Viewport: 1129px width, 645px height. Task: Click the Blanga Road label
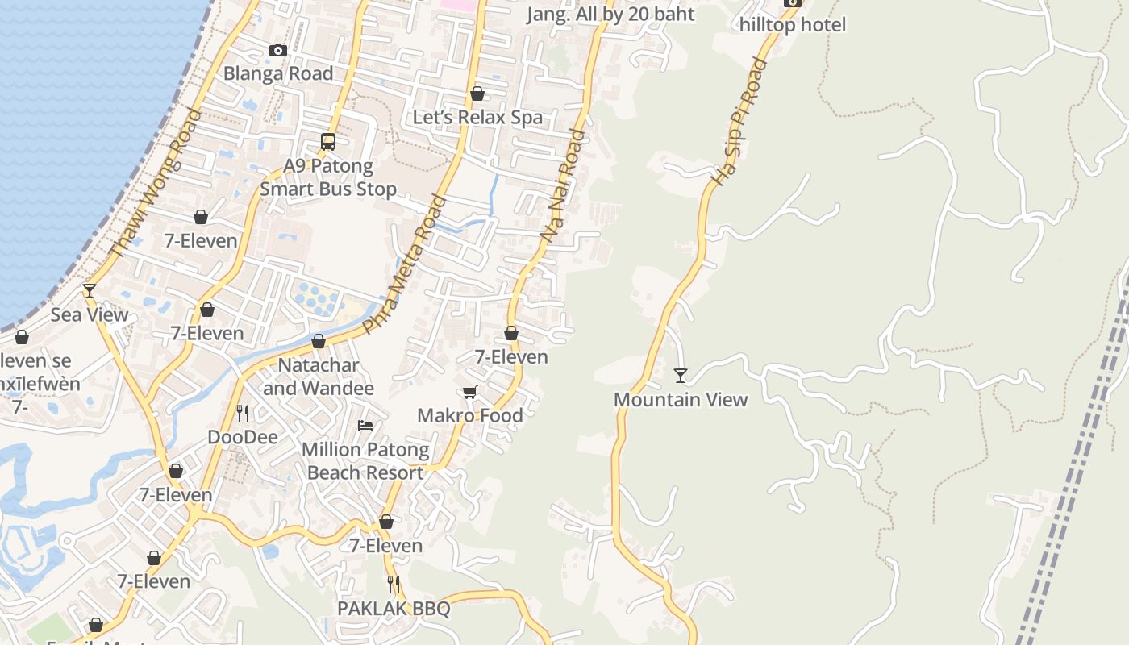[x=278, y=73]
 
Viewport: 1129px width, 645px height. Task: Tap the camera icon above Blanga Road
[x=278, y=51]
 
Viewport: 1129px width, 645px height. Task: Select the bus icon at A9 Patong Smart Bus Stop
[x=328, y=142]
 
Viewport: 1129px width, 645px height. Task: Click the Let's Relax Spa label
[x=477, y=117]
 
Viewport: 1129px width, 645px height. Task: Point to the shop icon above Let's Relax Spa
[x=477, y=94]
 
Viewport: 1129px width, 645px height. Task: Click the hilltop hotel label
[x=793, y=25]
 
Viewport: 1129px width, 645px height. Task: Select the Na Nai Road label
[x=561, y=186]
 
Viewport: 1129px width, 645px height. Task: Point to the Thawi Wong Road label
[x=155, y=184]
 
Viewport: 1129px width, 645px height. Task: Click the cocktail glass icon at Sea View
[x=90, y=291]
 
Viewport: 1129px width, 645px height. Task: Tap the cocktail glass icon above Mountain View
[x=681, y=376]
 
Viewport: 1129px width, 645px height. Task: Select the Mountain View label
[x=681, y=399]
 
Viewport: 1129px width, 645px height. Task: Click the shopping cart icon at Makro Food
[x=470, y=393]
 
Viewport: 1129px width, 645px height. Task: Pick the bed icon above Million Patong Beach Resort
[x=365, y=426]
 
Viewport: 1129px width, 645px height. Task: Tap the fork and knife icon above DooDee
[x=243, y=414]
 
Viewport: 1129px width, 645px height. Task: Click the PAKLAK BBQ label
[x=394, y=609]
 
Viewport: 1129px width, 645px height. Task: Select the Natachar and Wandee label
[x=319, y=377]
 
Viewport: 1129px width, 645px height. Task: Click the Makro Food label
[x=470, y=415]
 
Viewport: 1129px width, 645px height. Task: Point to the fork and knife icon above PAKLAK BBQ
[x=394, y=584]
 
